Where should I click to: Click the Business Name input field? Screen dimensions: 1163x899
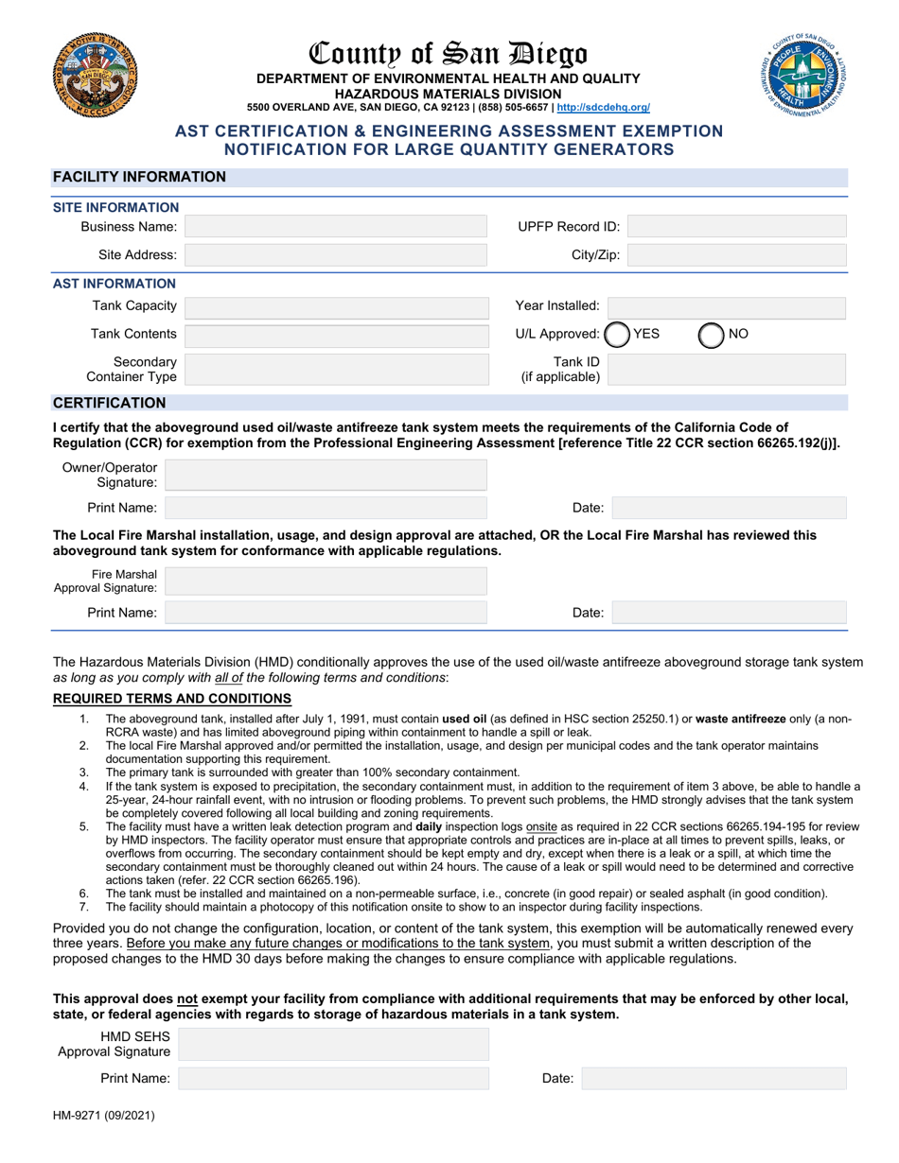[x=335, y=227]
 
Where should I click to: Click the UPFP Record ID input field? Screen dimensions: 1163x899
[x=736, y=227]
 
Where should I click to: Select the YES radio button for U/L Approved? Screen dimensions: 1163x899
[x=616, y=335]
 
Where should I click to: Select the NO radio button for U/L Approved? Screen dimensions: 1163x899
[x=711, y=335]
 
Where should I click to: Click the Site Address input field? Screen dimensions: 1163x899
[x=335, y=255]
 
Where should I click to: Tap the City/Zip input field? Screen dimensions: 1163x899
[x=736, y=255]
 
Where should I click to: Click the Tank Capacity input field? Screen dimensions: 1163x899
[x=335, y=306]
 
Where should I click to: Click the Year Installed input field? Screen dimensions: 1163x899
[x=727, y=306]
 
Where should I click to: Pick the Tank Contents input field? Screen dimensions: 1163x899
[x=335, y=335]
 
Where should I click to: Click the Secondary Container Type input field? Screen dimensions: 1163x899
[x=335, y=370]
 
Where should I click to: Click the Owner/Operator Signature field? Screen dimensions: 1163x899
[x=326, y=475]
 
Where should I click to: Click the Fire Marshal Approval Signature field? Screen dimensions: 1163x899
[x=326, y=581]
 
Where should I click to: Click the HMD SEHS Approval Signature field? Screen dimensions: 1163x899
[x=333, y=1044]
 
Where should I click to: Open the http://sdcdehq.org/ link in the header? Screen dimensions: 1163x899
[x=603, y=108]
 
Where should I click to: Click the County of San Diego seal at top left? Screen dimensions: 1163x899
[x=96, y=75]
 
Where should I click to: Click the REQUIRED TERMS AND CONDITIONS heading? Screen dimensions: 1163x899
[x=171, y=699]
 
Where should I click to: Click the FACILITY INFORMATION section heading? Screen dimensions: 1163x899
[x=139, y=177]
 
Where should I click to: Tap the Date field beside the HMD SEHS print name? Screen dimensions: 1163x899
[x=714, y=1079]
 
